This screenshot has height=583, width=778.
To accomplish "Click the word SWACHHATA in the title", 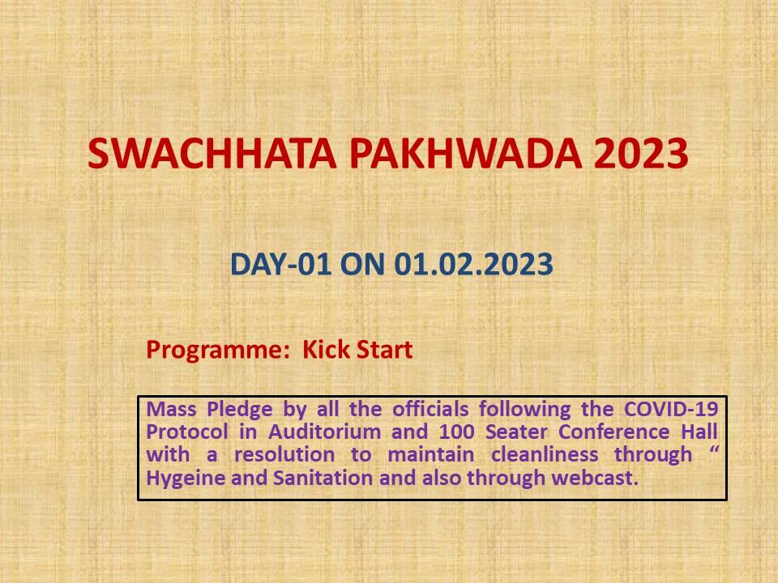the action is [212, 153].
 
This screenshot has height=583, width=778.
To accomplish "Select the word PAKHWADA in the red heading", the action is [465, 153].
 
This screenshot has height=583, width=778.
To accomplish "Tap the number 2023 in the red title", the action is [641, 153].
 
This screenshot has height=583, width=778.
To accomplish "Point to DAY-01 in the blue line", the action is [280, 264].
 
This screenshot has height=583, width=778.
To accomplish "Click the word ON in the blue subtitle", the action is [362, 264].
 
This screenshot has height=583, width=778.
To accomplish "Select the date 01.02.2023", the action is [473, 264].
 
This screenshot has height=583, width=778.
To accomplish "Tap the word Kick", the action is [326, 349].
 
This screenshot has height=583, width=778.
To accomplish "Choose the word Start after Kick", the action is [385, 349].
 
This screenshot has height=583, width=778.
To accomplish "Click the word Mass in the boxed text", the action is [171, 409].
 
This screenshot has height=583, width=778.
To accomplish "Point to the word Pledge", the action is [240, 410].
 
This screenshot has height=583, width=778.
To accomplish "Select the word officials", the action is [430, 409].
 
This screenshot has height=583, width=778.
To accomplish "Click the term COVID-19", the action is [671, 409].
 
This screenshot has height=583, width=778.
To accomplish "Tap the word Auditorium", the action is [324, 432].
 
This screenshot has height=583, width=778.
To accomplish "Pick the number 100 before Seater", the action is [456, 432].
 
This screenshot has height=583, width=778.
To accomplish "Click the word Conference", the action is [613, 432].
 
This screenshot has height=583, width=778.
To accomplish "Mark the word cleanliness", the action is [545, 454].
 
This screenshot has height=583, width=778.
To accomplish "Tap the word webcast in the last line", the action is [595, 478].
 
